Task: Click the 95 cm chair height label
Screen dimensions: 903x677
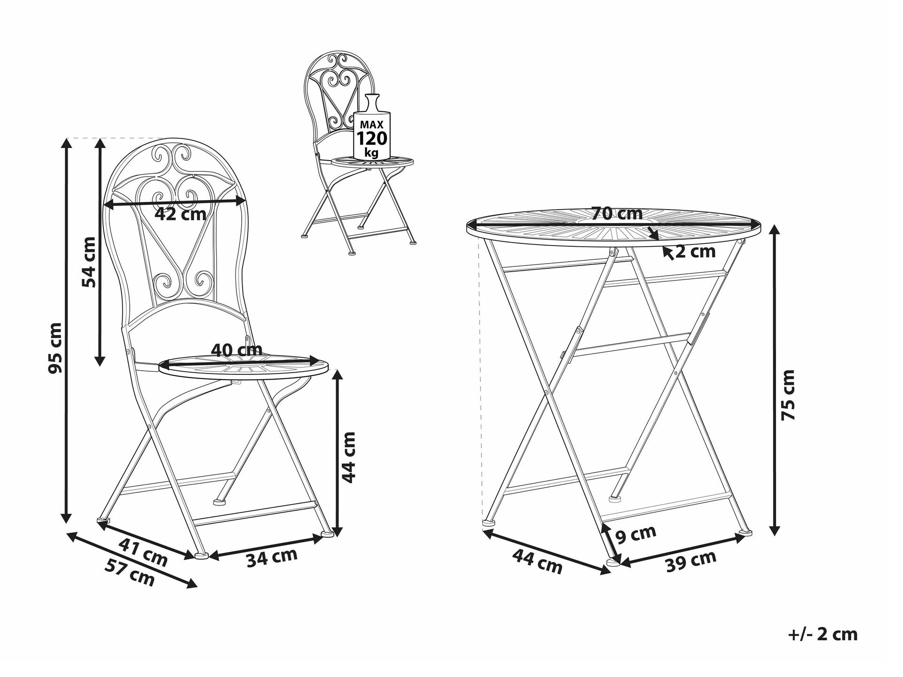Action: pos(55,348)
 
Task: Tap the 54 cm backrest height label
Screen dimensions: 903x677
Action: pos(89,262)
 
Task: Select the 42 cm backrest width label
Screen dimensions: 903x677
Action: pos(181,215)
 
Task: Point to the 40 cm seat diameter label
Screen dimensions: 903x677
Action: pos(236,350)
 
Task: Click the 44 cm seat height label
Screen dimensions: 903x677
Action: pos(348,457)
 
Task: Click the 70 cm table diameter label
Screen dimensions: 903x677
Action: pos(617,214)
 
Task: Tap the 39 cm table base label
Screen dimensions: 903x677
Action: pos(691,561)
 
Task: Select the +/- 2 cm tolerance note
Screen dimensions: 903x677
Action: pos(823,635)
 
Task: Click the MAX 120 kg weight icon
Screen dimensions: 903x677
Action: pos(372,127)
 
